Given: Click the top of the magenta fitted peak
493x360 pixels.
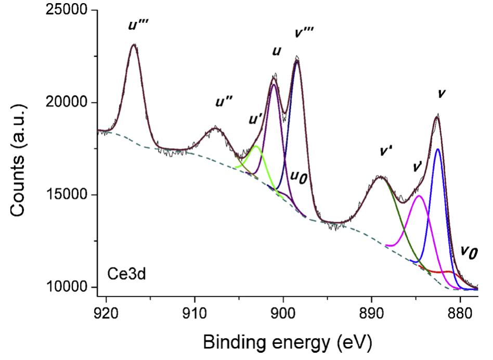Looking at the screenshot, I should coord(419,196).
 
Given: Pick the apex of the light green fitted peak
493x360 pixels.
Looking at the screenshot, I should coord(256,146).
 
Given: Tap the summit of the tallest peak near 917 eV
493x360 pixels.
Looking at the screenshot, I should coord(134,45).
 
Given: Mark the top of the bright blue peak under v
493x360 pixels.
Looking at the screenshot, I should coord(438,149).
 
